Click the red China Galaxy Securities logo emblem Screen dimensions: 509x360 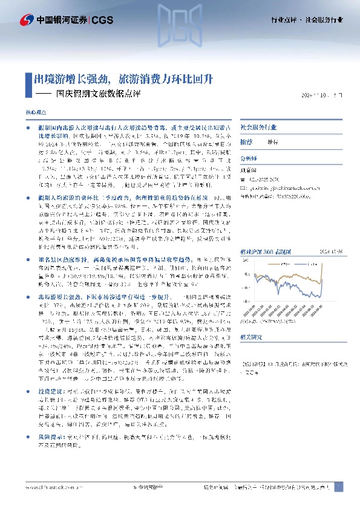pos(27,20)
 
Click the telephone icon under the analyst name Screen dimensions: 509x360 pos(244,178)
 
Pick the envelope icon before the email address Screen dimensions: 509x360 pos(244,187)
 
